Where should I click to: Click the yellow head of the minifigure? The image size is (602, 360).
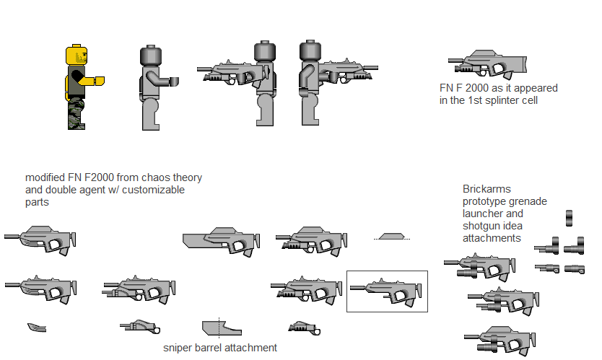tap(77, 56)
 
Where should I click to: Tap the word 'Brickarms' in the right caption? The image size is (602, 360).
tap(487, 189)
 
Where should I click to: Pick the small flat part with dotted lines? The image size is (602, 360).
tap(393, 236)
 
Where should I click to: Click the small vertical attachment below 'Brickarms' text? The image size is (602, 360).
tap(569, 217)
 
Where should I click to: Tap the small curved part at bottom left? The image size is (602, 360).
tap(37, 328)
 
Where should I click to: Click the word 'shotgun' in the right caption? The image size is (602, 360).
tap(481, 226)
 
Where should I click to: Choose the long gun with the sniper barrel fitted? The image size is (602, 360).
tap(220, 240)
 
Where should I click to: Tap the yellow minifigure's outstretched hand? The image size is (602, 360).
tap(100, 79)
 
